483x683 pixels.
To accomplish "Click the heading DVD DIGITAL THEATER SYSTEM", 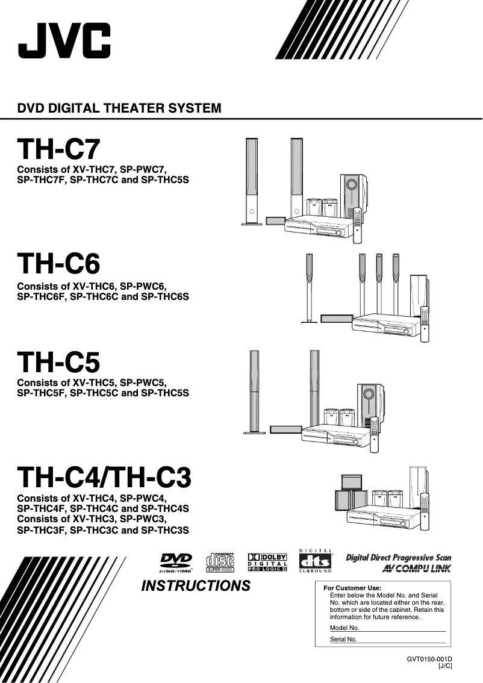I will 119,109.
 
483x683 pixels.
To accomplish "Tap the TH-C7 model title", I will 58,149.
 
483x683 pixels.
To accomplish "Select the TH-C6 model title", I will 58,263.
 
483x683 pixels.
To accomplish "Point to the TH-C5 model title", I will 58,362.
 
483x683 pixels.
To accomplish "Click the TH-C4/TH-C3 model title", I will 104,478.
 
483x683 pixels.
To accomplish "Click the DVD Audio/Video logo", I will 175,562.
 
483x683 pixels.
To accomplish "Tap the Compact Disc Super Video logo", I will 220,562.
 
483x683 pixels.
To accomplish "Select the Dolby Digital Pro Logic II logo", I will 267,562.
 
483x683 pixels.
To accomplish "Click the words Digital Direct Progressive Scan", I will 398,558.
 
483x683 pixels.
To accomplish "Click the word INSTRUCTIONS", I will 196,586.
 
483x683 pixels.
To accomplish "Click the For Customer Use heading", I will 352,588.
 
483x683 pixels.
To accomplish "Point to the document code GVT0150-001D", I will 429,659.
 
